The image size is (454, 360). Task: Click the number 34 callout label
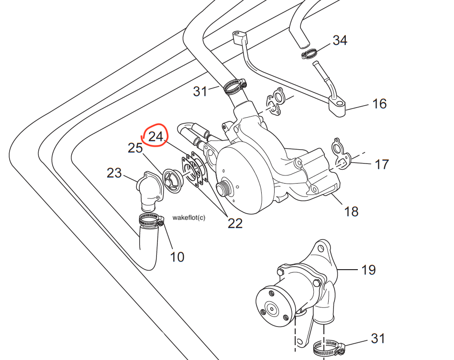click(340, 40)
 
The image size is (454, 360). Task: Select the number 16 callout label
click(379, 104)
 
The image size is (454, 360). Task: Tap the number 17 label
click(381, 164)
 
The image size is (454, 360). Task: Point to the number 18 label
click(351, 211)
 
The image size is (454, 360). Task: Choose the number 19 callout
click(368, 270)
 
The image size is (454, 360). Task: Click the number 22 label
click(235, 223)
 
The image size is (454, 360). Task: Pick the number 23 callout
click(114, 173)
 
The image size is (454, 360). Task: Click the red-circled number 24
click(156, 137)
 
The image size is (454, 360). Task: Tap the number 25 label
click(135, 148)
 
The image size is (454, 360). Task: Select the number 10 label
click(177, 257)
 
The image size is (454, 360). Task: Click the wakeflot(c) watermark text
click(188, 218)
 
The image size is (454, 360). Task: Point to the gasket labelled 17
click(341, 154)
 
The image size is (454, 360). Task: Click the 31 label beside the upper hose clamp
click(200, 91)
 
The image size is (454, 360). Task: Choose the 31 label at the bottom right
click(378, 339)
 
